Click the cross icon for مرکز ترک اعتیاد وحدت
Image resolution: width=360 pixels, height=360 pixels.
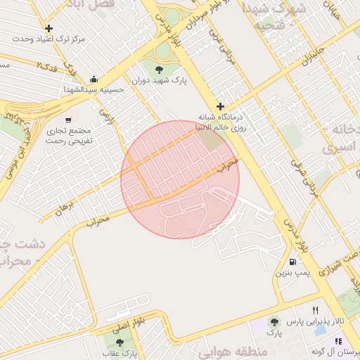click(49, 29)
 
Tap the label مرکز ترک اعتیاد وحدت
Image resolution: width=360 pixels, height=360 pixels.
click(53, 39)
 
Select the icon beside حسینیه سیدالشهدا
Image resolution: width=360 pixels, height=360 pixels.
click(94, 79)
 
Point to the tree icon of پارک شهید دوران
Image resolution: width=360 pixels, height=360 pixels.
click(159, 69)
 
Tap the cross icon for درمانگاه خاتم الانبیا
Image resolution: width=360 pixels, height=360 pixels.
click(220, 106)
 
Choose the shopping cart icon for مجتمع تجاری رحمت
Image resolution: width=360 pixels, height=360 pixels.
click(68, 120)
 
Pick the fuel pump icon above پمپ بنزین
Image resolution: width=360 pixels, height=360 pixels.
click(292, 261)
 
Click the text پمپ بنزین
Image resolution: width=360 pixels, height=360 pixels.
click(291, 272)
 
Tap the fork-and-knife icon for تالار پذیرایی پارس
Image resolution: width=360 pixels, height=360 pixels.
click(315, 310)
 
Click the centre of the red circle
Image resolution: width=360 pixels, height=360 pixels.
click(180, 179)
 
